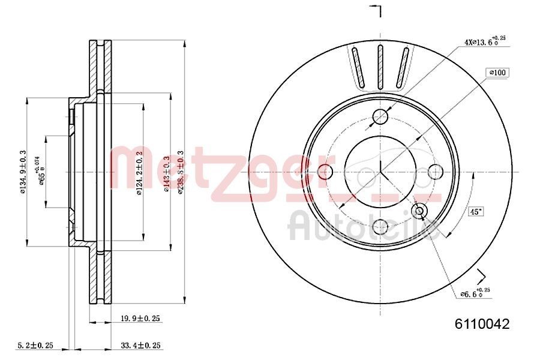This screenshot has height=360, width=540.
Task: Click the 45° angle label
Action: pos(476,211)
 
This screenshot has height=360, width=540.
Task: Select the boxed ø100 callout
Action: pos(498,73)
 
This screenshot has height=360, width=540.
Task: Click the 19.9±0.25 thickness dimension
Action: pos(139,319)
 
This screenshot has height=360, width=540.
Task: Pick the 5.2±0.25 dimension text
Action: pos(35,345)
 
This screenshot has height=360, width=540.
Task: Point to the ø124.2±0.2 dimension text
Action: pos(139,173)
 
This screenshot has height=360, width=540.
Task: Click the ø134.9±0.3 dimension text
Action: pos(23,173)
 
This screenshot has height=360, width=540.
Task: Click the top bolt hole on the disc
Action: pos(380,117)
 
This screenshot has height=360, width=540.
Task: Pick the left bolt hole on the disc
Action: pos(326,172)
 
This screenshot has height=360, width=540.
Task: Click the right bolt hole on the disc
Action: pos(435,172)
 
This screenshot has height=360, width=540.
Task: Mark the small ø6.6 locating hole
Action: pos(419,210)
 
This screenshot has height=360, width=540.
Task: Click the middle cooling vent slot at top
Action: pos(380,67)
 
